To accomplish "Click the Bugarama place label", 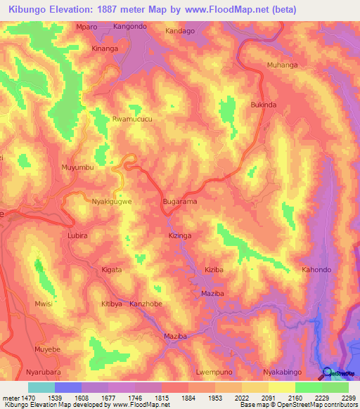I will (180, 201).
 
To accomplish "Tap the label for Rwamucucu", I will (132, 119).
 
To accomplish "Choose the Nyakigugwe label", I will (112, 201).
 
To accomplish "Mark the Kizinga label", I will (180, 236).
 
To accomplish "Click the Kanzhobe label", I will (146, 304).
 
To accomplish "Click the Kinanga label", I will (106, 49).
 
